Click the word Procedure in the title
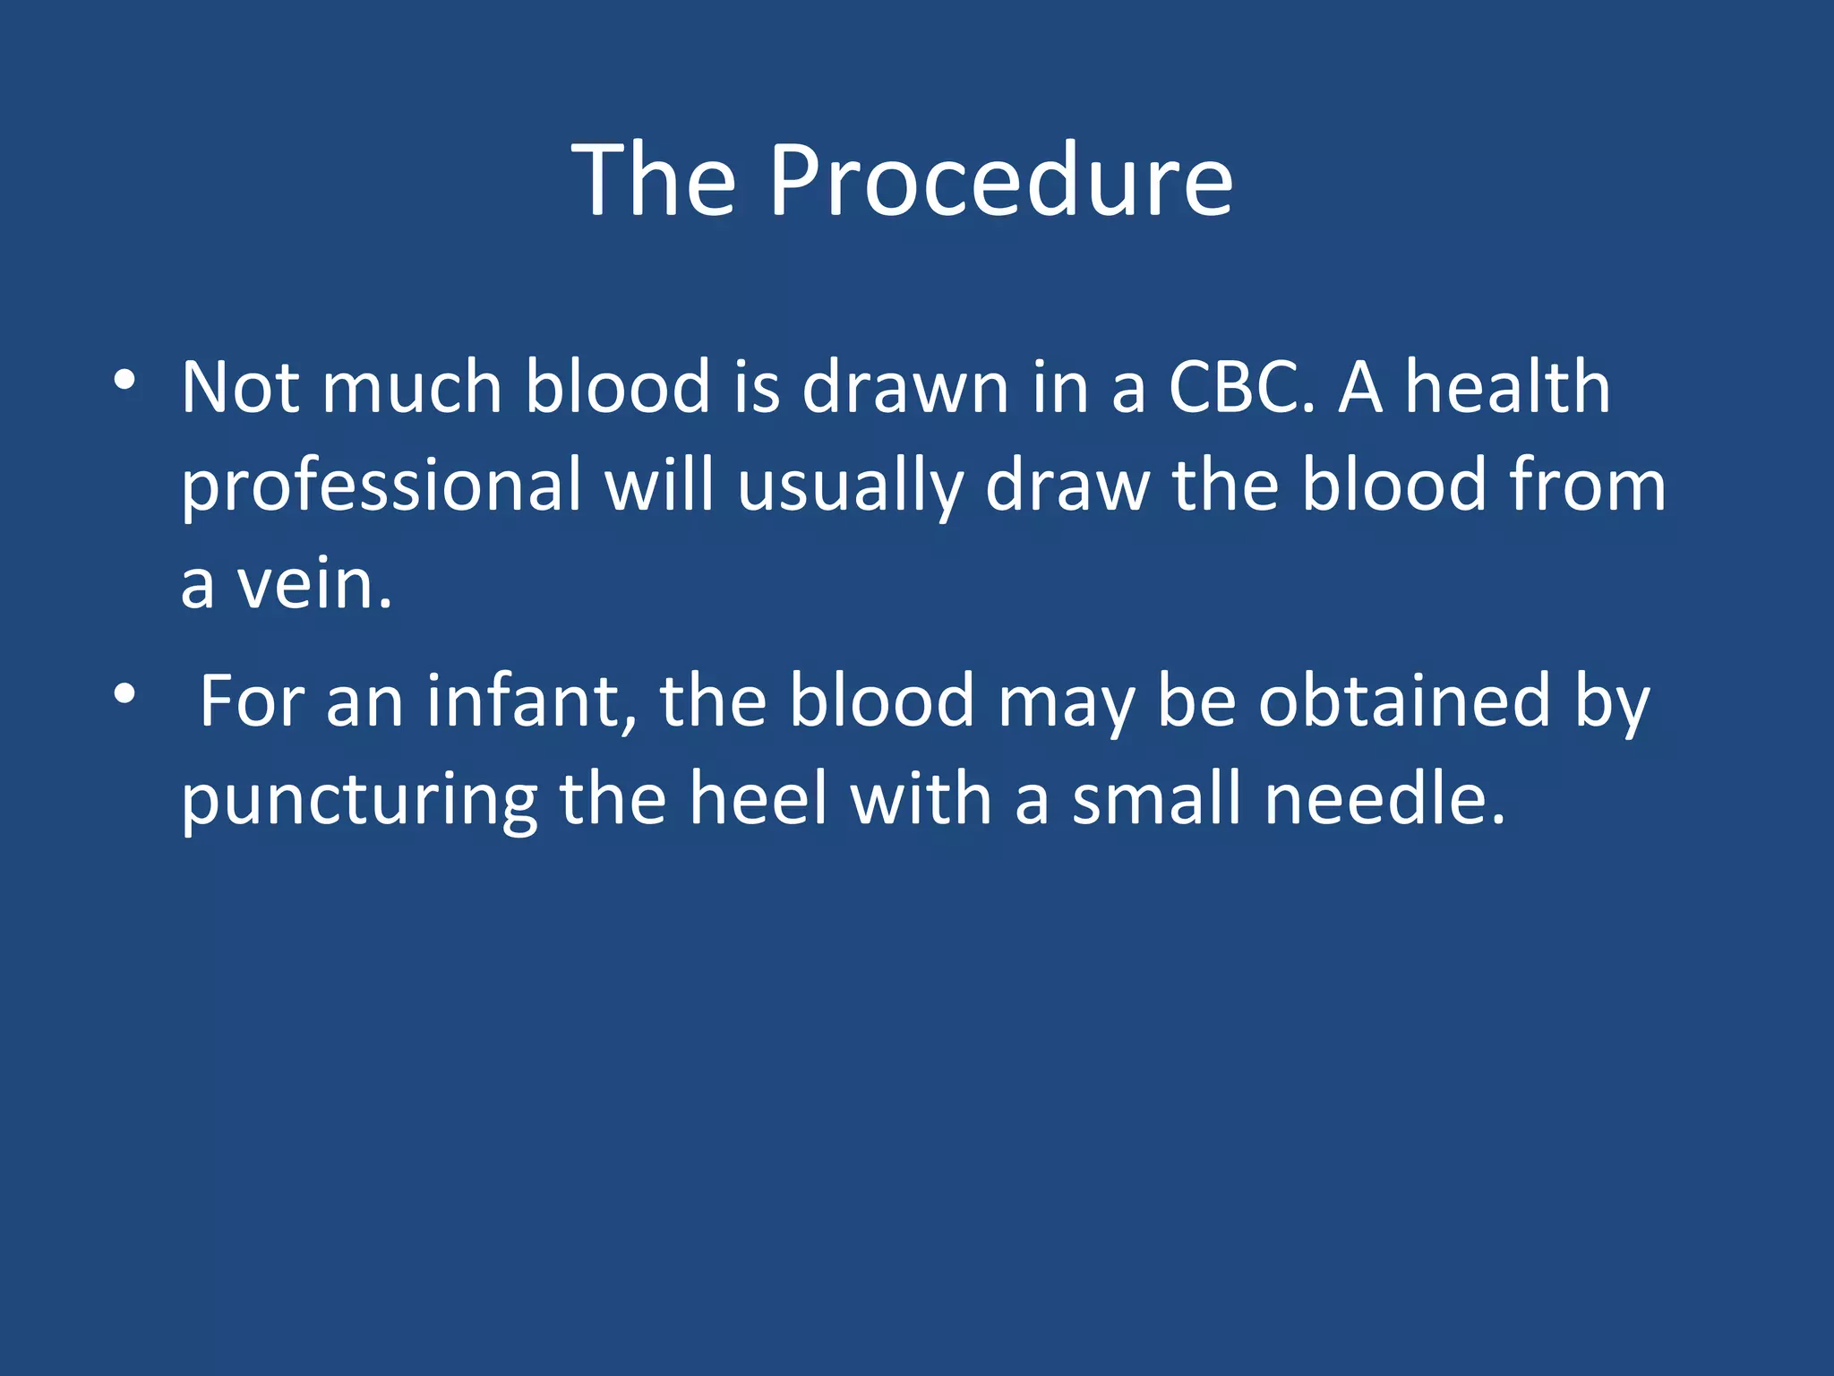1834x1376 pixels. [1000, 182]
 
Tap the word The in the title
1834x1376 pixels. [654, 182]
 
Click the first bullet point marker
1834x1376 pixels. [124, 380]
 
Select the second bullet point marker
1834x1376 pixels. [124, 693]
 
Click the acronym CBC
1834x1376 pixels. [1241, 388]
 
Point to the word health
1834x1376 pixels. [1507, 388]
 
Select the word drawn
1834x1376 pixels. [905, 388]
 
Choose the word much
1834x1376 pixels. [411, 388]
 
